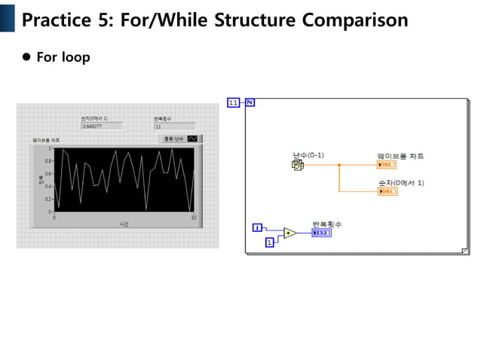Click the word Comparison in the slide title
pyautogui.click(x=354, y=20)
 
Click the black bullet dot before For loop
pyautogui.click(x=26, y=56)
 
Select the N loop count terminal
pyautogui.click(x=250, y=102)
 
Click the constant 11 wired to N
pyautogui.click(x=233, y=102)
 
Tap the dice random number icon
pyautogui.click(x=298, y=164)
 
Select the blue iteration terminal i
pyautogui.click(x=257, y=227)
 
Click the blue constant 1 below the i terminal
pyautogui.click(x=269, y=242)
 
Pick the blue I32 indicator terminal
pyautogui.click(x=320, y=233)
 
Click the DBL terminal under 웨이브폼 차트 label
pyautogui.click(x=387, y=164)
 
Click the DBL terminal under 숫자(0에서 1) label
pyautogui.click(x=387, y=191)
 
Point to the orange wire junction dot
pyautogui.click(x=339, y=164)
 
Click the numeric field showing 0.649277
pyautogui.click(x=101, y=127)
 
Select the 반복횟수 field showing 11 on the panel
pyautogui.click(x=173, y=127)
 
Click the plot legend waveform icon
pyautogui.click(x=192, y=139)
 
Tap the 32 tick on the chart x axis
pyautogui.click(x=194, y=217)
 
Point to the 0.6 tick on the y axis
pyautogui.click(x=47, y=173)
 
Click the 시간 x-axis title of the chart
pyautogui.click(x=123, y=224)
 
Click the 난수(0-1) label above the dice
pyautogui.click(x=308, y=155)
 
